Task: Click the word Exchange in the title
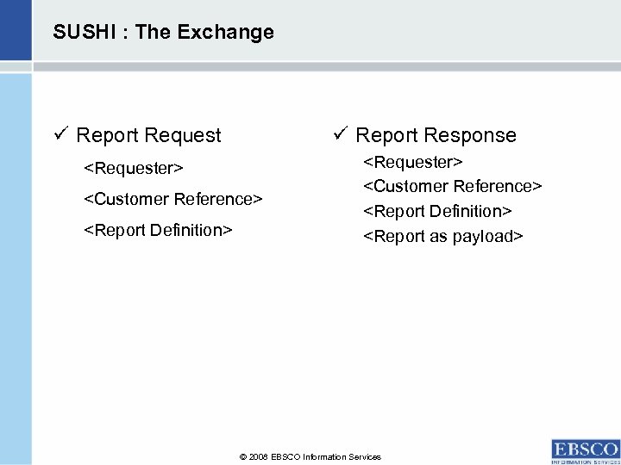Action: pyautogui.click(x=233, y=33)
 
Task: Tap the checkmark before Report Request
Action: pyautogui.click(x=60, y=135)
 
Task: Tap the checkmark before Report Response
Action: pyautogui.click(x=339, y=134)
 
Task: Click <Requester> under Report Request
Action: pyautogui.click(x=133, y=165)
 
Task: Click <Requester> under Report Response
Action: pyautogui.click(x=413, y=162)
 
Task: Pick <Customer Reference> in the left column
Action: pyautogui.click(x=172, y=199)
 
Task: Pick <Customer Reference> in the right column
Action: pyautogui.click(x=453, y=186)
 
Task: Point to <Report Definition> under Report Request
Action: pyautogui.click(x=158, y=231)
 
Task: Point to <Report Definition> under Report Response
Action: pyautogui.click(x=438, y=211)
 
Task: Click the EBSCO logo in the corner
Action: pyautogui.click(x=585, y=451)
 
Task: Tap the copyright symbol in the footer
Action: pyautogui.click(x=242, y=457)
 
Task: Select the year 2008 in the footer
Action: pyautogui.click(x=259, y=457)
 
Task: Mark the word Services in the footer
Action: pyautogui.click(x=366, y=457)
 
